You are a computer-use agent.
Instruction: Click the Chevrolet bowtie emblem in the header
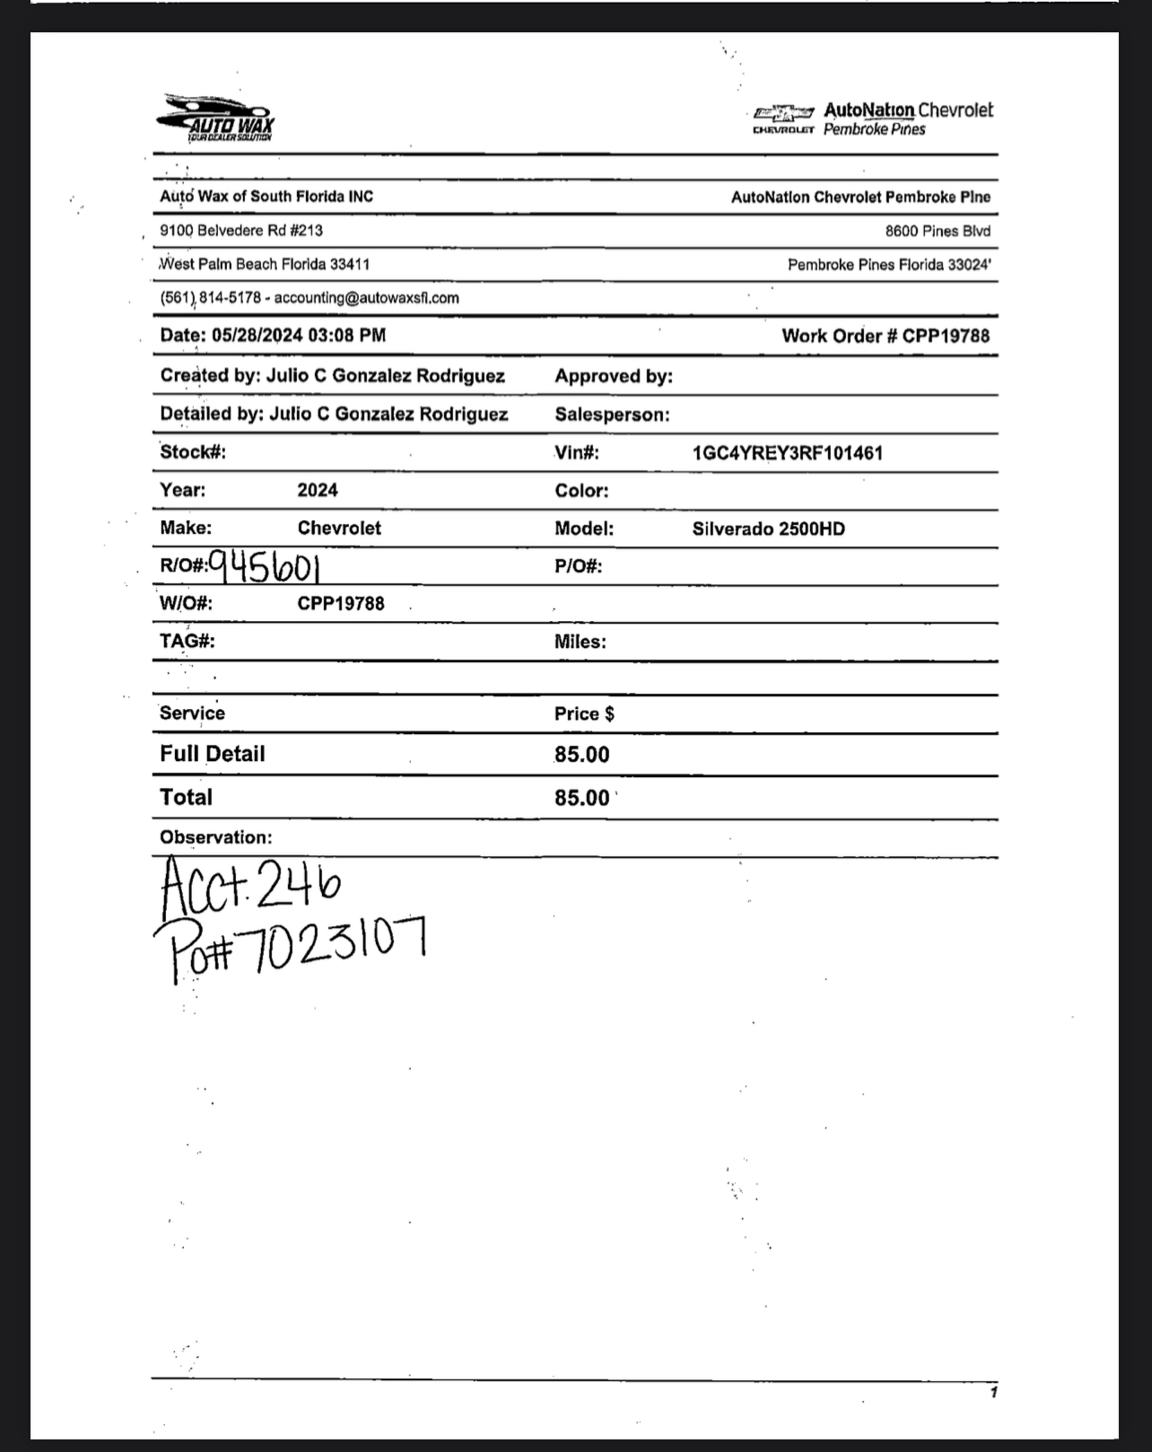click(x=783, y=113)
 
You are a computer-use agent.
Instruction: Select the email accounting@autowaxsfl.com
click(x=366, y=298)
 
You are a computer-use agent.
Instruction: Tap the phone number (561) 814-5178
click(x=211, y=298)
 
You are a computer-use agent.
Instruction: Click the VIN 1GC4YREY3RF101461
click(x=787, y=453)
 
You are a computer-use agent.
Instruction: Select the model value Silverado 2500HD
click(x=768, y=529)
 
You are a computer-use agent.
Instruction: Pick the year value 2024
click(x=318, y=490)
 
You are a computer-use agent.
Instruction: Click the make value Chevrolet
click(x=339, y=528)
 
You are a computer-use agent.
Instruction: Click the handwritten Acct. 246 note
click(x=250, y=885)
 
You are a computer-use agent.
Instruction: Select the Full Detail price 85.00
click(x=581, y=755)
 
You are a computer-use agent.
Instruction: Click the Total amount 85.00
click(x=581, y=798)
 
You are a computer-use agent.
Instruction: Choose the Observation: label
click(x=215, y=837)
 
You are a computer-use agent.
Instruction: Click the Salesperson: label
click(x=612, y=415)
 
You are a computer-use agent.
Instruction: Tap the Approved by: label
click(x=614, y=377)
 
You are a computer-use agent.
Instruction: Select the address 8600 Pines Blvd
click(x=938, y=232)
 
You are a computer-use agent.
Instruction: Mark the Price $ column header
click(x=584, y=714)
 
